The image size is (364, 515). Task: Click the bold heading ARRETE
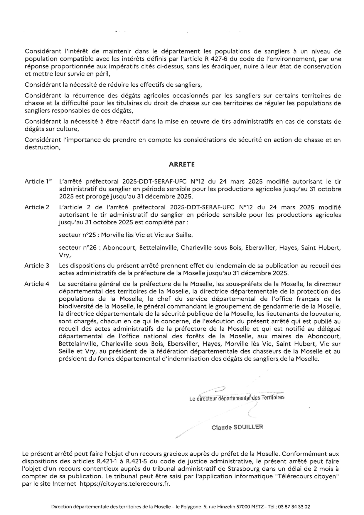(x=182, y=164)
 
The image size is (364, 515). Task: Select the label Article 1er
(x=38, y=181)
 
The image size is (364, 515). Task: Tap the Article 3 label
(x=37, y=266)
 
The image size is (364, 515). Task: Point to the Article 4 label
(x=37, y=284)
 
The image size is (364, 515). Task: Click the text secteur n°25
(x=77, y=235)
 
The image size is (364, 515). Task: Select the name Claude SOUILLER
(x=237, y=427)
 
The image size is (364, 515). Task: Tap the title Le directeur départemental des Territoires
(x=237, y=398)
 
